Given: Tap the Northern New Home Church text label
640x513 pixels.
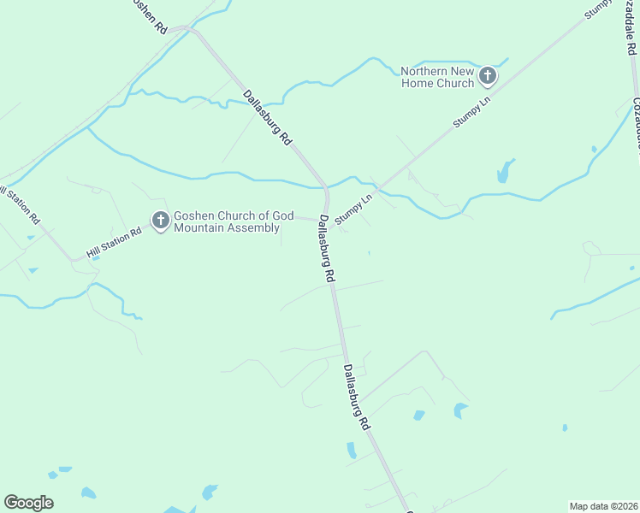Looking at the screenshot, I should pos(437,77).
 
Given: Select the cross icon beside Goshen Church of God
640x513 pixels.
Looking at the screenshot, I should pos(160,221).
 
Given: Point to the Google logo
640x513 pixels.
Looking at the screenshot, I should pos(28,503).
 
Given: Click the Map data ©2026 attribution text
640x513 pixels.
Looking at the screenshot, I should pos(603,506).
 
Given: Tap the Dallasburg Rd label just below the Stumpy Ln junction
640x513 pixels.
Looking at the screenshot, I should pos(326,249).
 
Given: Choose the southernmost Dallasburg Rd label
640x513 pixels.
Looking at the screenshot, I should pos(357,397).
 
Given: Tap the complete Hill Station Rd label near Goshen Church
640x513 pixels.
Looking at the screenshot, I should pos(114,244).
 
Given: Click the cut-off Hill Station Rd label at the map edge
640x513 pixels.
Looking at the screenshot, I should pos(21,205).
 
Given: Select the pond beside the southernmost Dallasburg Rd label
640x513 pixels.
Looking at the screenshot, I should pos(352,449).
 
